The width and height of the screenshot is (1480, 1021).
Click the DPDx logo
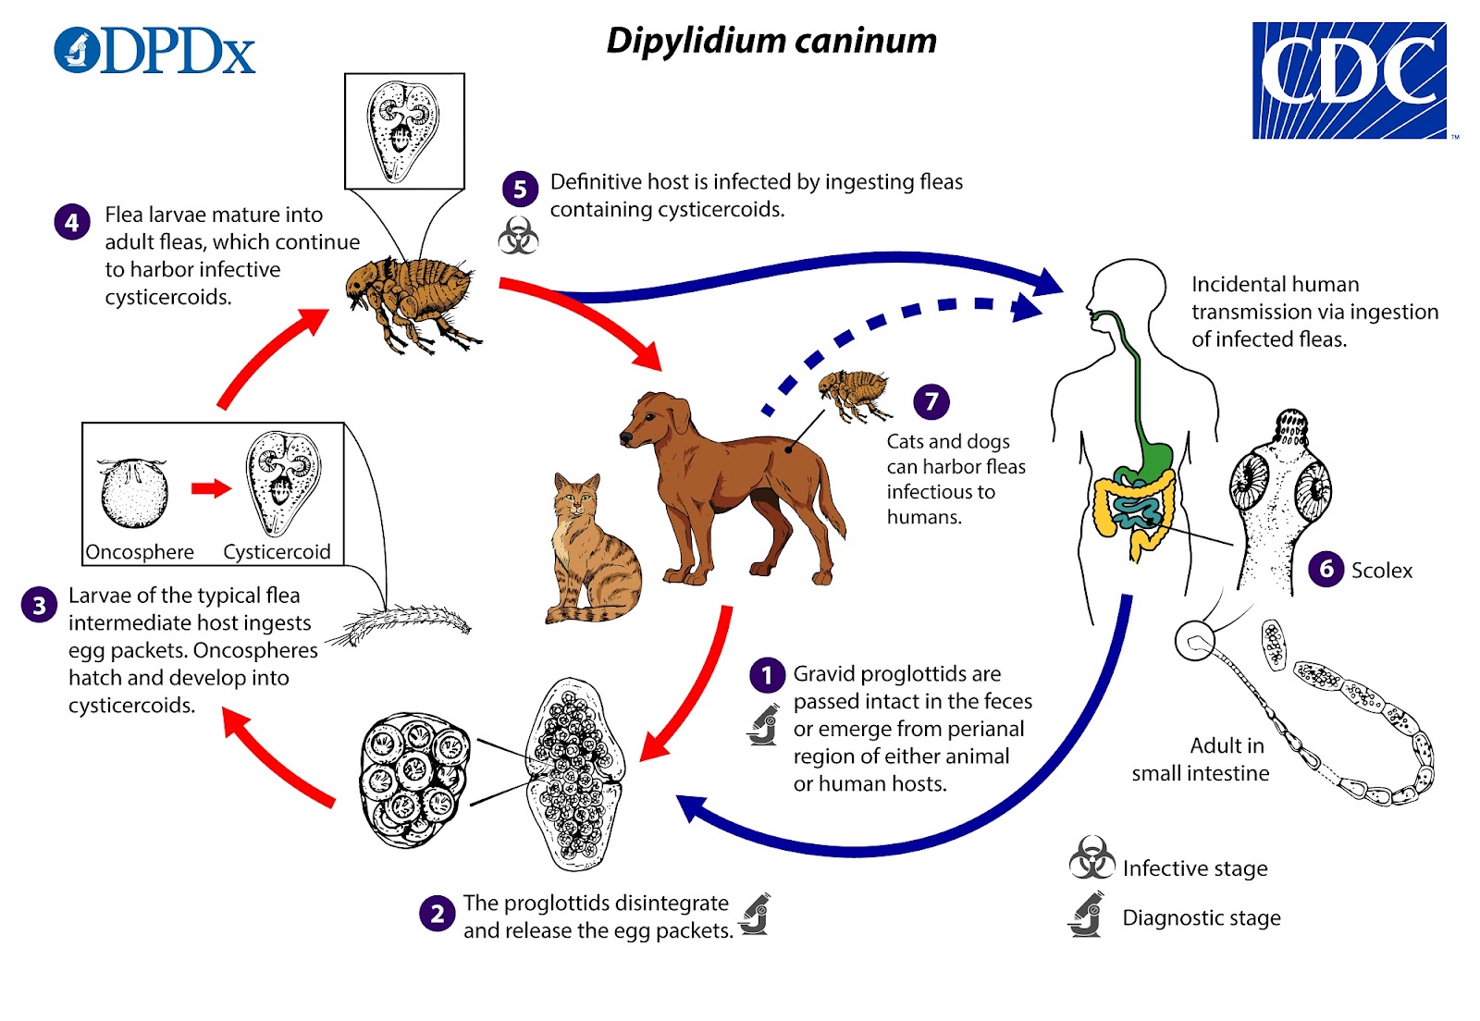coord(154,50)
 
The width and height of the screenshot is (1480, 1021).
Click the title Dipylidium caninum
coord(771,42)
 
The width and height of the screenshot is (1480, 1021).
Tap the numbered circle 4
coord(72,222)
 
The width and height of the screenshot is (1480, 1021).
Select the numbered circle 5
coord(520,189)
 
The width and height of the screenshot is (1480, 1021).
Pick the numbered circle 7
coord(931,401)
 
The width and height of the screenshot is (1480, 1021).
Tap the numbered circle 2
coord(438,914)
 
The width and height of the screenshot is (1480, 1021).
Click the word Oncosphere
coord(140,551)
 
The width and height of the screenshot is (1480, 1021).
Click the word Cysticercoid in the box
coord(277,551)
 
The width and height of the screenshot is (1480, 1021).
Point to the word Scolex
coord(1382,571)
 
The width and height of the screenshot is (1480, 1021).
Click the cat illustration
coord(592,548)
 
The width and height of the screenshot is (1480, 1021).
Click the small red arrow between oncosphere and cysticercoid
coord(212,488)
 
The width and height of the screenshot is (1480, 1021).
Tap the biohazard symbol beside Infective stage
coord(1091,857)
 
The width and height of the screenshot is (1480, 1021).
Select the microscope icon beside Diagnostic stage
coord(1086,914)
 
